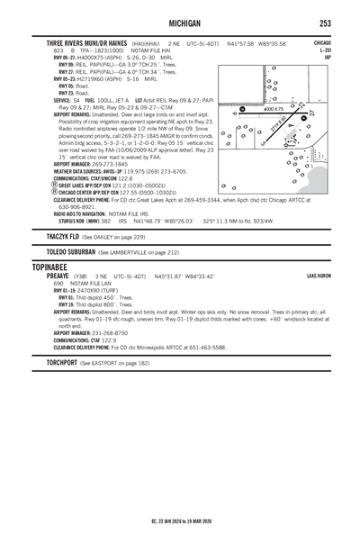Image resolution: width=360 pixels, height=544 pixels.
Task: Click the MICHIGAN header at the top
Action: tap(180, 23)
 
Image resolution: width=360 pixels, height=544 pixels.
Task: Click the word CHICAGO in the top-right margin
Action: tap(321, 42)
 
